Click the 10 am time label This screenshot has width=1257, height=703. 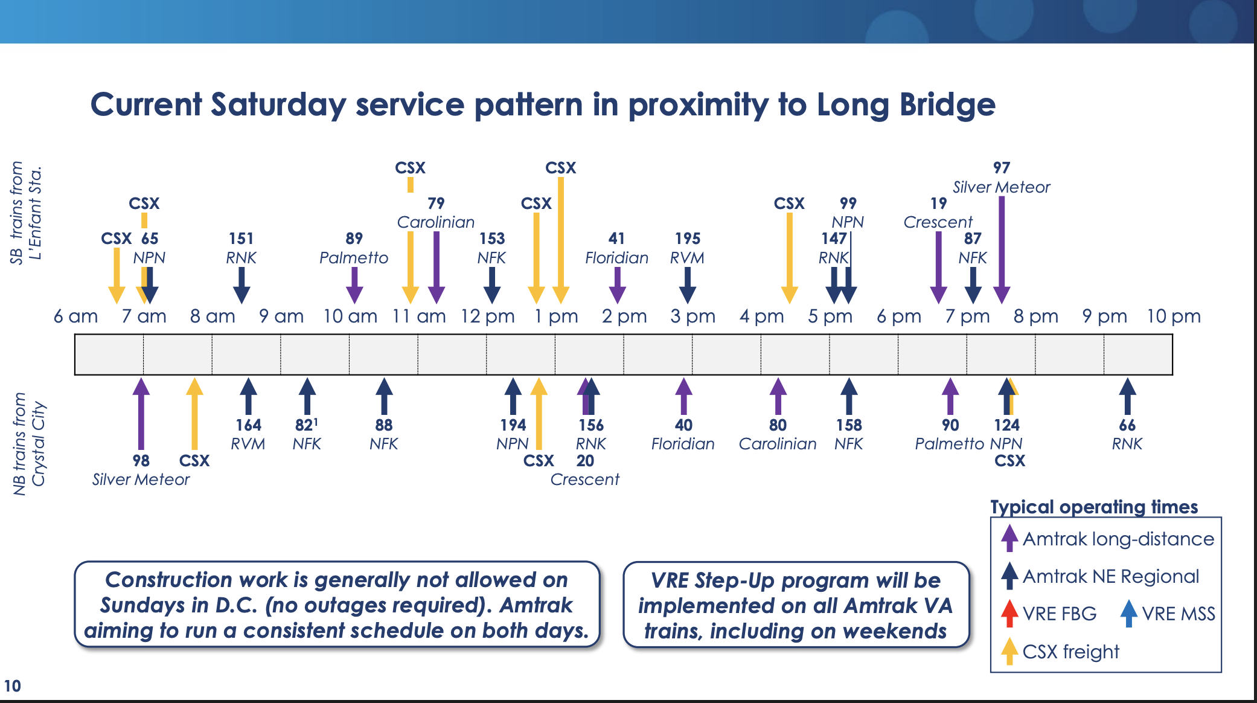350,316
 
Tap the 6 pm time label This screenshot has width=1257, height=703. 899,316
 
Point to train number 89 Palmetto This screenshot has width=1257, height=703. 354,239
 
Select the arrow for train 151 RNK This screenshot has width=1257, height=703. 241,285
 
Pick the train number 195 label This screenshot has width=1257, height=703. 688,239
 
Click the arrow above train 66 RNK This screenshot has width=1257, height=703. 1127,396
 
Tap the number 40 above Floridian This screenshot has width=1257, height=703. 683,425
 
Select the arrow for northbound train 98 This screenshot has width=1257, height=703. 141,414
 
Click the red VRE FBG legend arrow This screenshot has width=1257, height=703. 1009,613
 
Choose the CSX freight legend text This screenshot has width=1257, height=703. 1071,652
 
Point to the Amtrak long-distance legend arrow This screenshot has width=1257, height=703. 1009,538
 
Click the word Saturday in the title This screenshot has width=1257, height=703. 278,104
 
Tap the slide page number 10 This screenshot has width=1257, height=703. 12,686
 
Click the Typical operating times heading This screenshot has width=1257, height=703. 1094,507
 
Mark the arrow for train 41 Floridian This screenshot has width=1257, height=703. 617,285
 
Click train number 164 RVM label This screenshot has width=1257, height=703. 248,425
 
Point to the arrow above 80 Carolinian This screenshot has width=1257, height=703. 778,396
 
